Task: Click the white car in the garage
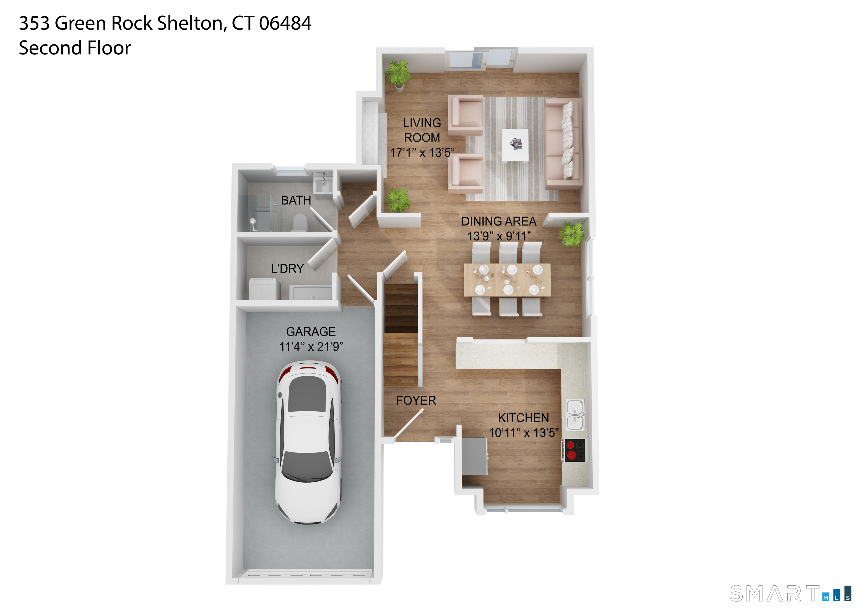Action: [x=308, y=442]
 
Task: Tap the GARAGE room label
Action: [x=311, y=332]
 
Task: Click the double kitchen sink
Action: [x=575, y=415]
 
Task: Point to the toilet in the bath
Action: [x=299, y=223]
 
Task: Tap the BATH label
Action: [x=296, y=201]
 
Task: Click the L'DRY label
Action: [x=287, y=268]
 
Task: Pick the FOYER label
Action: [x=416, y=400]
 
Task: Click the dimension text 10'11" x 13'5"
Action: [x=523, y=433]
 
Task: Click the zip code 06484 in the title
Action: [x=285, y=23]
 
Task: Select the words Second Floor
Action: [x=75, y=48]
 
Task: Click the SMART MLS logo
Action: [x=790, y=594]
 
